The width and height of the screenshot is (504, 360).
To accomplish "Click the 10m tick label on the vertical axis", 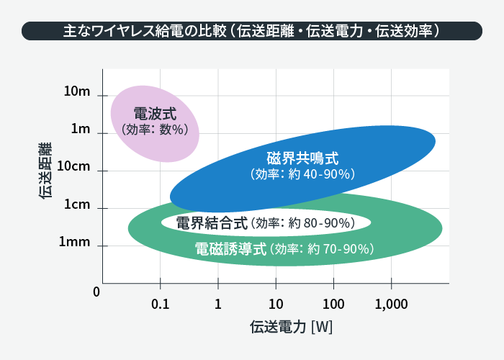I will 77,91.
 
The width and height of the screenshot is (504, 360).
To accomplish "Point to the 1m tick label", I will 81,130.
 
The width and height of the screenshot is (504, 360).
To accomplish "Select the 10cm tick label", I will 73,166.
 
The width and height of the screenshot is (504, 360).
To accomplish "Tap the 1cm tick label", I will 77,204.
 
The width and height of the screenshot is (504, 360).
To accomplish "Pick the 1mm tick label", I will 75,243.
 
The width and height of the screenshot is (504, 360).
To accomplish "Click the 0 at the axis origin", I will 96,292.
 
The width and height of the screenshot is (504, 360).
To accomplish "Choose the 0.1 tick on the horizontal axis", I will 161,304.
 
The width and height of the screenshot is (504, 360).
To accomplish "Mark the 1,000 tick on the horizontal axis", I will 392,304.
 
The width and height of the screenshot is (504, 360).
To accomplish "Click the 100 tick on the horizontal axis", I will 333,304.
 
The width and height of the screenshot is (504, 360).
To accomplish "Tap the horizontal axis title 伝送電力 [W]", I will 291,326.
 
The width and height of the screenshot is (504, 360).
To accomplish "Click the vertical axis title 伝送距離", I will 45,170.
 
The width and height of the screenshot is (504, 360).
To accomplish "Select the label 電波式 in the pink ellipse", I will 155,114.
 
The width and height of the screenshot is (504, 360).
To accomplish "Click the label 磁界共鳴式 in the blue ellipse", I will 302,158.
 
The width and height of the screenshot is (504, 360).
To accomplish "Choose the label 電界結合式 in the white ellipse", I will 212,223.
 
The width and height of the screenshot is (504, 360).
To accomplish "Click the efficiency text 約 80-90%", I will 321,223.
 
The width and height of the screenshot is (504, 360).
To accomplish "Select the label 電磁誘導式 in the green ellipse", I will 231,249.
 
